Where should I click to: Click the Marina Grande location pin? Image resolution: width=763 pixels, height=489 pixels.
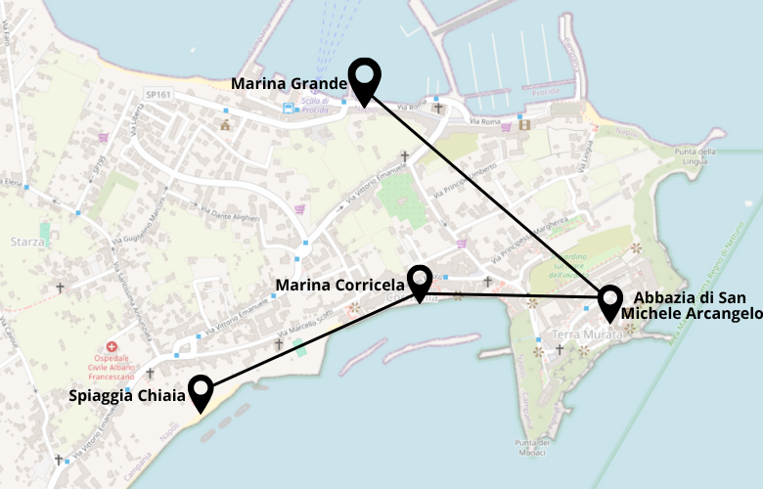point(364,77)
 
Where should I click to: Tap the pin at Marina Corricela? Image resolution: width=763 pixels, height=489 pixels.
point(420,280)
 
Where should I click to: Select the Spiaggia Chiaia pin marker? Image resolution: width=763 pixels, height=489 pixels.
point(202,390)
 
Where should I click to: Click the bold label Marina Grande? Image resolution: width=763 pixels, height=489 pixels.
point(289,84)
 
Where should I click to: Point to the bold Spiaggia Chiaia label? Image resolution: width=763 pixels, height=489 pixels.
point(126,396)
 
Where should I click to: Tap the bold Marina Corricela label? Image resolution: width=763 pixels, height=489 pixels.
point(339,286)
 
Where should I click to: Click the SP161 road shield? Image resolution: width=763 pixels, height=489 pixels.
point(157,95)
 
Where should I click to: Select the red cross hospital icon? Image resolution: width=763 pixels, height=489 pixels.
point(112,347)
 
